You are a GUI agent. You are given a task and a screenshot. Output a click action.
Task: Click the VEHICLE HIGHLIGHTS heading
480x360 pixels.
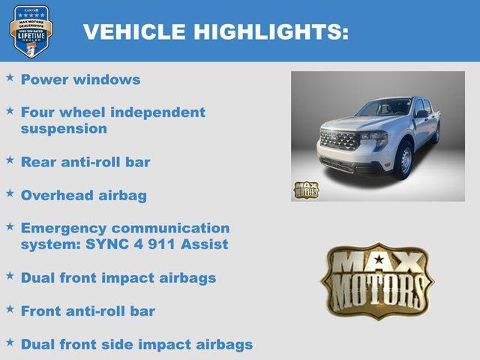pos(215,31)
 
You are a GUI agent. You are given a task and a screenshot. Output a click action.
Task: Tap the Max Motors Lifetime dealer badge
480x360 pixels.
pos(31,31)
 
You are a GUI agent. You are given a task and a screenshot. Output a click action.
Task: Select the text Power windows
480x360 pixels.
pos(80,79)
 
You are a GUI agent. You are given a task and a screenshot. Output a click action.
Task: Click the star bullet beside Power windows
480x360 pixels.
pos(10,77)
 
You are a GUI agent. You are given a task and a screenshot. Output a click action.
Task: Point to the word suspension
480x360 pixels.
pos(64,128)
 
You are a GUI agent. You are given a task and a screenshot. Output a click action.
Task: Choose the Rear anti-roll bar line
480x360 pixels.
pos(85,162)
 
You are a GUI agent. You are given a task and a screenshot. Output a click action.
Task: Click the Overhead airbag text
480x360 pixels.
pos(84,195)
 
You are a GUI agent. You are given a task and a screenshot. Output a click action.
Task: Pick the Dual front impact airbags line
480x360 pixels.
pos(118,277)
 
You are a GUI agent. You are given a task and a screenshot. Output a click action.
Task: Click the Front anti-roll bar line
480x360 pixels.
pos(88,310)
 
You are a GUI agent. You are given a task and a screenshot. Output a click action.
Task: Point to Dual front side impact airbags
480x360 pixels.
pos(136,344)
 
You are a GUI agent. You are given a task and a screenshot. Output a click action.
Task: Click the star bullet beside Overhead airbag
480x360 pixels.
pos(10,193)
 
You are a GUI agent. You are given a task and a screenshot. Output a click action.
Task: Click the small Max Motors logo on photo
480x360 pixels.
pos(305,190)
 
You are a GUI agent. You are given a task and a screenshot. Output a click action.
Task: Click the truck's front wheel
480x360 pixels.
pos(404,160)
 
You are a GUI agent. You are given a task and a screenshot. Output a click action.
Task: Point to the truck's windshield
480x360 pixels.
pos(385,107)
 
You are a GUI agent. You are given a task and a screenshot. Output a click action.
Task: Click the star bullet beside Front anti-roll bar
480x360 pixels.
pos(10,308)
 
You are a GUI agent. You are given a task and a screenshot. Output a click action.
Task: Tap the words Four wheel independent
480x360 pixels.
pos(112,112)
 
